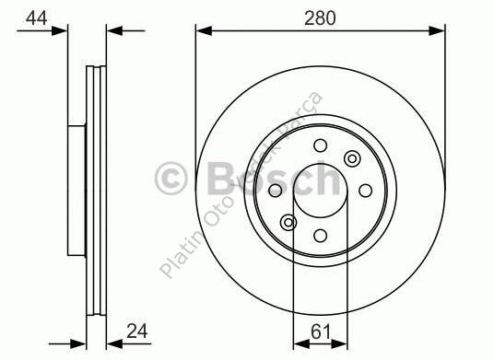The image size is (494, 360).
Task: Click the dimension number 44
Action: tap(37, 17)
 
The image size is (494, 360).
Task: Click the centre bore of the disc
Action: tap(320, 191)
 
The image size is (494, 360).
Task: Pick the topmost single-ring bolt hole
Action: tap(320, 145)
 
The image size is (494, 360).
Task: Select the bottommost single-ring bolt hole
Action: tap(320, 236)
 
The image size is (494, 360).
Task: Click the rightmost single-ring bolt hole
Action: tap(365, 191)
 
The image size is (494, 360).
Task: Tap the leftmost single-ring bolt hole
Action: tap(275, 191)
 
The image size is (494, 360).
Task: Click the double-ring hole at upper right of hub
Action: tap(351, 159)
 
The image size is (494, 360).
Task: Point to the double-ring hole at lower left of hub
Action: tap(288, 222)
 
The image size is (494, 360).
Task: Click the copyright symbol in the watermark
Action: tap(172, 178)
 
